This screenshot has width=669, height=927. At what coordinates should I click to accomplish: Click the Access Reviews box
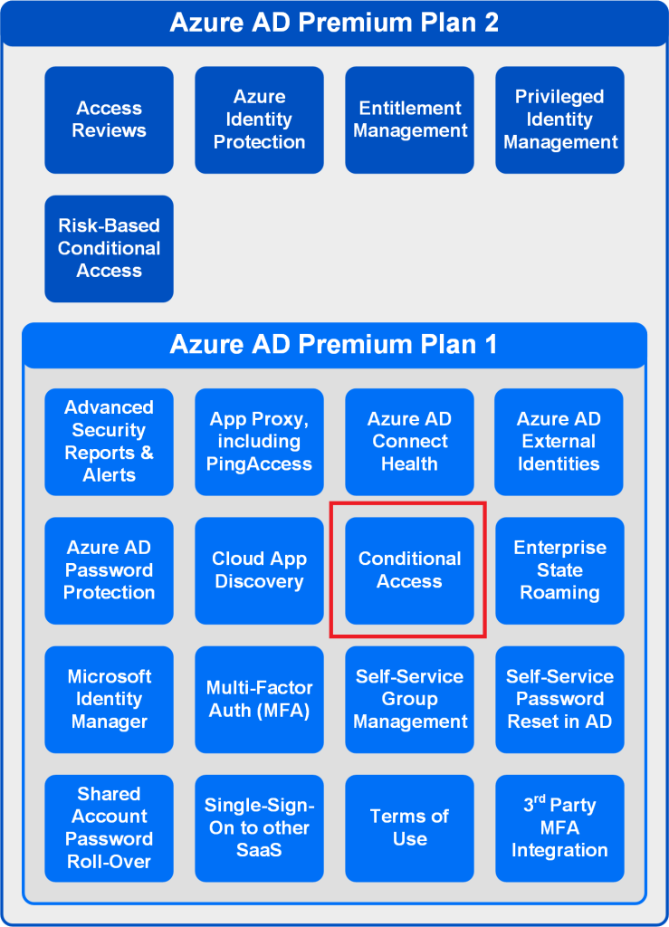(110, 120)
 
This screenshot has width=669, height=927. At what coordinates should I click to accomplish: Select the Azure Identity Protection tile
(260, 120)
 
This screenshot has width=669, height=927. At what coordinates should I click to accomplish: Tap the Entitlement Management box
(409, 120)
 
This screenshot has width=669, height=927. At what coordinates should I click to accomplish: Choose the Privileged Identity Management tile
(559, 120)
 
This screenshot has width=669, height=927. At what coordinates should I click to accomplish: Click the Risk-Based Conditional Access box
(110, 249)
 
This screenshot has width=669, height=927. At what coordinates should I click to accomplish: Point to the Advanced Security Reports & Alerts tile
(110, 442)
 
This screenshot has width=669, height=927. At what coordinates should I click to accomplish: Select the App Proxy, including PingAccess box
(260, 442)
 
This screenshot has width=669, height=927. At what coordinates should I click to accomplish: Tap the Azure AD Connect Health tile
(409, 442)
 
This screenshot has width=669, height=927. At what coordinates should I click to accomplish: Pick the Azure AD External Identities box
(559, 442)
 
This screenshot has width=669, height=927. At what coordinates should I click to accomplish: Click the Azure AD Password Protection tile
(110, 570)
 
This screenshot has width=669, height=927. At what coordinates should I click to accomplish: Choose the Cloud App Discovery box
(260, 570)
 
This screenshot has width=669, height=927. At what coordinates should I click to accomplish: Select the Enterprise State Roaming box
(559, 570)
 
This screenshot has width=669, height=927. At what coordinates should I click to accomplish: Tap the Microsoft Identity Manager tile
(110, 700)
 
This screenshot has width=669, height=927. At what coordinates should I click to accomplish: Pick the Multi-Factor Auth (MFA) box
(260, 700)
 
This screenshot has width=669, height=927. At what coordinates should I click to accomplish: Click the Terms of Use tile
(409, 828)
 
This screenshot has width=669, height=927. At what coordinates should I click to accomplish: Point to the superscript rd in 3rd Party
(540, 799)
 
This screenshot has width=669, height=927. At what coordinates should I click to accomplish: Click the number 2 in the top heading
(491, 23)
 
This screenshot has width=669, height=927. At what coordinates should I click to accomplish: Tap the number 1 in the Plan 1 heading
(491, 344)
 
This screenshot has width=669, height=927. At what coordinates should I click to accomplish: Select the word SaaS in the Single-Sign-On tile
(260, 850)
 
